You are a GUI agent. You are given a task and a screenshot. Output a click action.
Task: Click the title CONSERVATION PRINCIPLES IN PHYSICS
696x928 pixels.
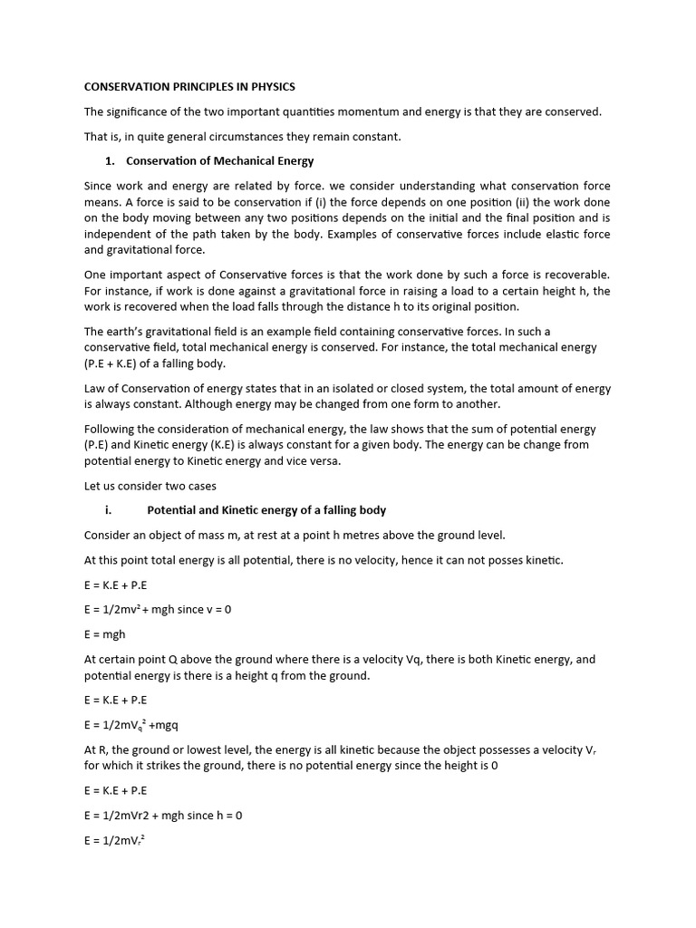(189, 87)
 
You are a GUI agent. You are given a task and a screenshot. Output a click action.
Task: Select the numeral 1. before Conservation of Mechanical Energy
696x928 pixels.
(110, 160)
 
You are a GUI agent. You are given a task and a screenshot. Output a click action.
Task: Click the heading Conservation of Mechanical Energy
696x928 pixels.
(219, 160)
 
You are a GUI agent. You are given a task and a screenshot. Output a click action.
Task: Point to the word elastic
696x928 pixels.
(552, 234)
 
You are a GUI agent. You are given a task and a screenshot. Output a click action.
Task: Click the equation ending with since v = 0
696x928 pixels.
(158, 610)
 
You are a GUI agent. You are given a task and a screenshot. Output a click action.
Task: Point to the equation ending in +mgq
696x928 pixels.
(138, 725)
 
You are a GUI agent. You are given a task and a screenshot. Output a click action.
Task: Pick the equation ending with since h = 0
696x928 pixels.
(163, 815)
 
